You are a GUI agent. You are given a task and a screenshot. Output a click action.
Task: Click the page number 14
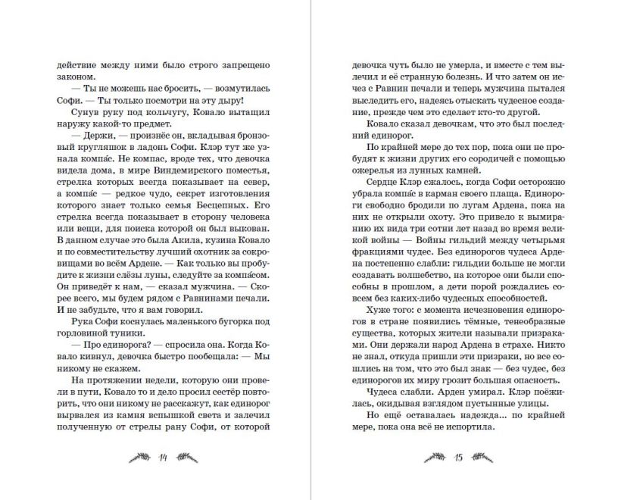[x=162, y=457]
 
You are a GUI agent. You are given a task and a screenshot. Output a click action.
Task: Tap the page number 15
[x=457, y=457]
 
